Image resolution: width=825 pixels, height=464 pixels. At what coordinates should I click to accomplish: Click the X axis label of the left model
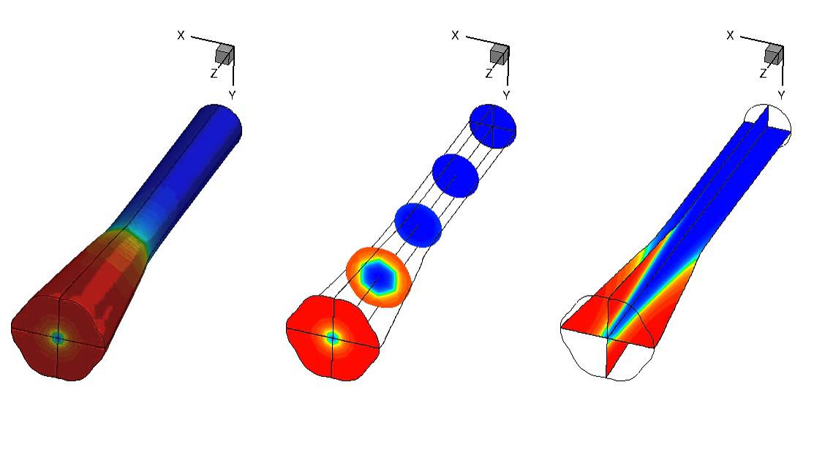[x=181, y=35]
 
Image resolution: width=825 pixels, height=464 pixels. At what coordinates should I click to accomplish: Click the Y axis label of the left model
[x=232, y=95]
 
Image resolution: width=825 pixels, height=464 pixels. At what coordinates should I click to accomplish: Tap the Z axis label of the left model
[x=214, y=74]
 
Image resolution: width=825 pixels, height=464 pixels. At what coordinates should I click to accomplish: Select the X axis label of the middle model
[x=455, y=35]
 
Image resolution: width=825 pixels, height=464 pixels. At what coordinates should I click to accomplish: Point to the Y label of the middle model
[x=506, y=95]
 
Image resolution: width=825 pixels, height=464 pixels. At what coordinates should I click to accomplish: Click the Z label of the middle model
[x=489, y=74]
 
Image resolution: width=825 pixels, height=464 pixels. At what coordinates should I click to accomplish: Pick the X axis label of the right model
[x=730, y=35]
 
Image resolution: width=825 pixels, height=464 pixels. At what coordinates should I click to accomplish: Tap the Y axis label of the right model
[x=781, y=95]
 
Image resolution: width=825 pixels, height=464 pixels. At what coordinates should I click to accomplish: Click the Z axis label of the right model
[x=764, y=74]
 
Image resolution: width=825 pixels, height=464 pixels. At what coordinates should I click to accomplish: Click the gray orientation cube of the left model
[x=225, y=55]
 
